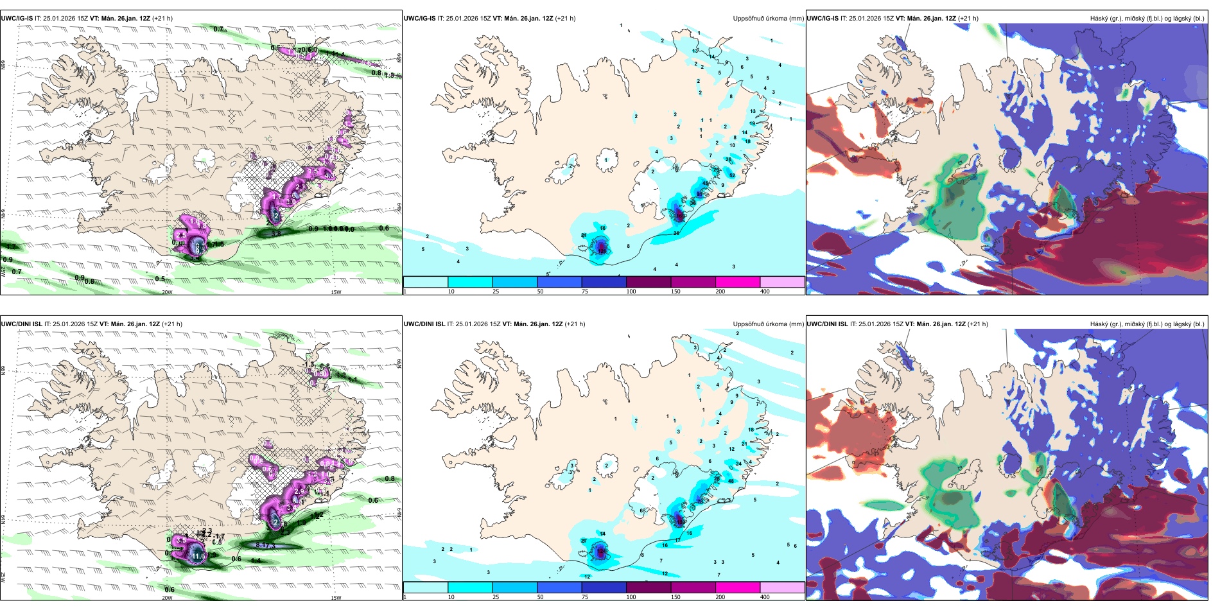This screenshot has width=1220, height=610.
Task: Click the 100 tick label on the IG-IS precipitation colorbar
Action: pos(631,292)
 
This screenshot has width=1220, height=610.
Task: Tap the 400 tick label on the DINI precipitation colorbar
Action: pos(765,597)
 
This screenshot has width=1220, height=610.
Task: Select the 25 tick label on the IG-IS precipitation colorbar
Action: pos(496,292)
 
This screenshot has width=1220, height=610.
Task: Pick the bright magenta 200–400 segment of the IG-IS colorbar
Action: pos(738,282)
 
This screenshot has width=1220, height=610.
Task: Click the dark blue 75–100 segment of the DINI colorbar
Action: pos(604,588)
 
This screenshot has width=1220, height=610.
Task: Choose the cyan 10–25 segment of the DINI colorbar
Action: pos(470,588)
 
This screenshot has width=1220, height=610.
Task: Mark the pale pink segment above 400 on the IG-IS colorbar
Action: pos(782,282)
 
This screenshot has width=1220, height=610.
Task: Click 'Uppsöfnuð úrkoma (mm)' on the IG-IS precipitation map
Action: pos(768,19)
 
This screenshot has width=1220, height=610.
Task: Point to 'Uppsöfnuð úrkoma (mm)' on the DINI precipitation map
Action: pos(768,324)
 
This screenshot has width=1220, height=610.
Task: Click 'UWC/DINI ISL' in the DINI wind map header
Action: pos(22,324)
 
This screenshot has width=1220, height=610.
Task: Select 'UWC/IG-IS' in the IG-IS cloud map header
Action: pos(823,19)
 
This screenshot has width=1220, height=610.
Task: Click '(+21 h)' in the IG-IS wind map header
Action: pos(162,19)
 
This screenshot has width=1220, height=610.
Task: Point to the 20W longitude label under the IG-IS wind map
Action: pos(167,292)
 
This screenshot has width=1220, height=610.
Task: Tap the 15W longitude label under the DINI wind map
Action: pos(335,598)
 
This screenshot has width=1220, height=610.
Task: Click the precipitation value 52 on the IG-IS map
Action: pos(732,175)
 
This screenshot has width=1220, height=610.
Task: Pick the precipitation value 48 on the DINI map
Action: pos(731,481)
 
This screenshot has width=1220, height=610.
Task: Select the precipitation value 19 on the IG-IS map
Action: pos(753,123)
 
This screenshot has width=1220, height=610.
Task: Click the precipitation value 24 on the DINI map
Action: pos(738,463)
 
